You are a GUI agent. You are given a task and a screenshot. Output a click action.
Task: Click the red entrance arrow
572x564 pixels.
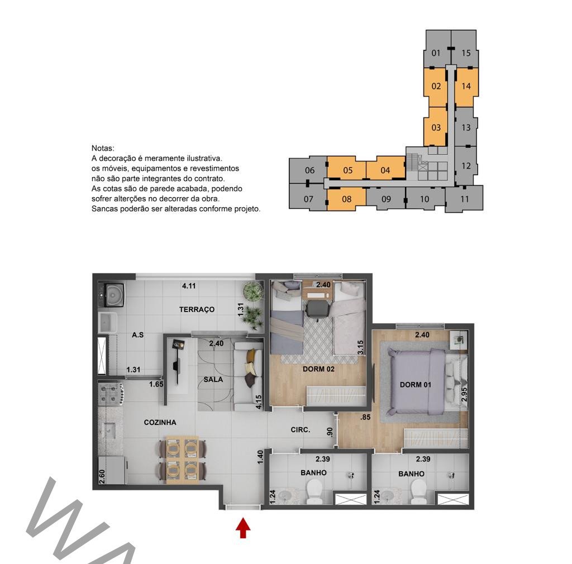click(243, 529)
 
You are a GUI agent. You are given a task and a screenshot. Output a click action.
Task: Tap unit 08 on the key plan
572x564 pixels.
click(346, 199)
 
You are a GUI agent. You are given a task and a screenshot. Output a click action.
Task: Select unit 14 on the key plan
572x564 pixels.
click(466, 87)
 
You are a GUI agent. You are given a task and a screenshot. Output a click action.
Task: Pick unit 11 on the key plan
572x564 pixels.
click(464, 199)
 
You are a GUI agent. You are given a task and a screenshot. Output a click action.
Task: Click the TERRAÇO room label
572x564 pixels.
click(197, 309)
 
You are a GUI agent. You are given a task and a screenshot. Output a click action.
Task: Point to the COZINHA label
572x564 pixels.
click(160, 423)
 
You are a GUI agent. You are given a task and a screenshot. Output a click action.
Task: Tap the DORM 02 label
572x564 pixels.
click(318, 369)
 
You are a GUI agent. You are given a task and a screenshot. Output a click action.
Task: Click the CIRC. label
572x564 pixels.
click(300, 430)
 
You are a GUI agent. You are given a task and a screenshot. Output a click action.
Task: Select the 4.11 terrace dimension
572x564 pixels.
click(189, 286)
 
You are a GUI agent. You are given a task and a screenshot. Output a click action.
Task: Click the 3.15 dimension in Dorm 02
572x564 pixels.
click(360, 347)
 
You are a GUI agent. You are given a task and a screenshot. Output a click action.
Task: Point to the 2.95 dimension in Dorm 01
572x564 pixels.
click(464, 394)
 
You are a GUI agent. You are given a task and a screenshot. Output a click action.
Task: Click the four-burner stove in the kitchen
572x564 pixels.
click(111, 393)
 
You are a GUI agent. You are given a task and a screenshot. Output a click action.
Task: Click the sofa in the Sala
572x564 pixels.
click(249, 375)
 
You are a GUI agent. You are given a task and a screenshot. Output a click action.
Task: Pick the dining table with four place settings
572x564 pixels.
click(183, 460)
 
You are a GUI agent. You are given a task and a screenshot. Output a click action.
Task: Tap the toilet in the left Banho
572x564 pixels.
click(314, 491)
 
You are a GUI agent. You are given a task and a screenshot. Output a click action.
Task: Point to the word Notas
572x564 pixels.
click(103, 149)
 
